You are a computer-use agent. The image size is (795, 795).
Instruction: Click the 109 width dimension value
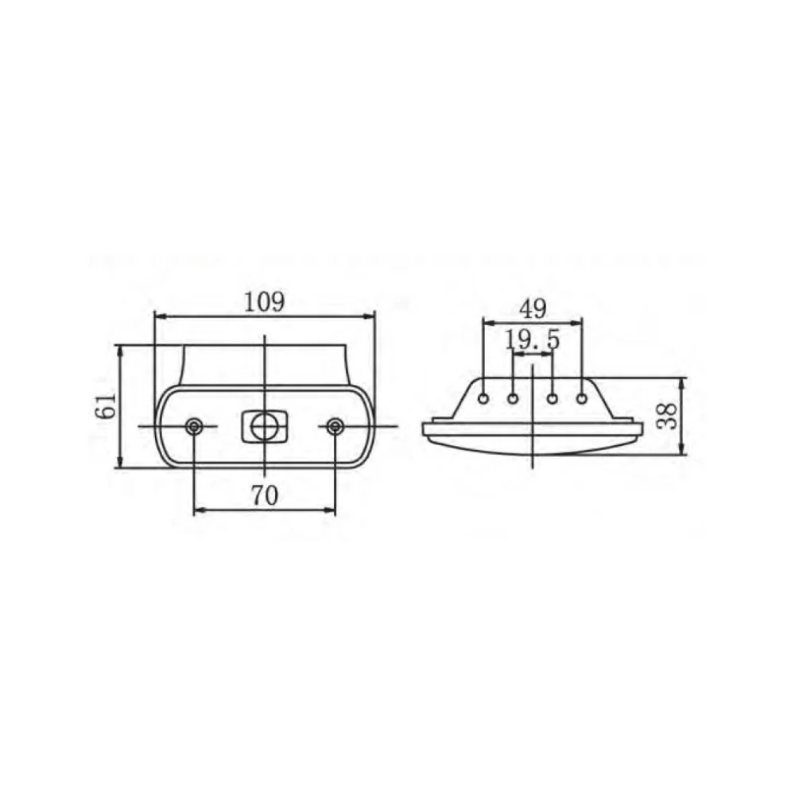(x=264, y=303)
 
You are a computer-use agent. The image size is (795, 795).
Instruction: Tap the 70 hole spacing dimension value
(x=265, y=495)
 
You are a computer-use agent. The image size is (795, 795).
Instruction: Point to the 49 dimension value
(x=533, y=308)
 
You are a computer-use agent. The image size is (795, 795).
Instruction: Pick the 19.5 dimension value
(x=533, y=339)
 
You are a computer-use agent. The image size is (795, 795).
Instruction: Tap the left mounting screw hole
(x=194, y=426)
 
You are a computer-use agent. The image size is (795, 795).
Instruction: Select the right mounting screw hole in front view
(x=334, y=426)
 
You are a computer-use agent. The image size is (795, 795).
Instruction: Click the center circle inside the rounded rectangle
(x=264, y=427)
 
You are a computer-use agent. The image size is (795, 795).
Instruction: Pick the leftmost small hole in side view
(x=484, y=398)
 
